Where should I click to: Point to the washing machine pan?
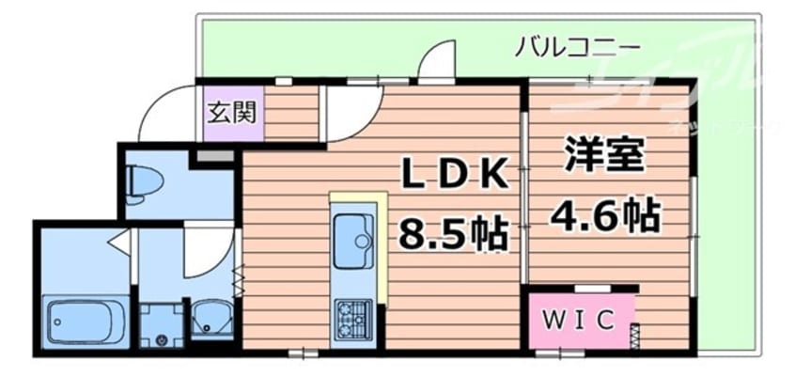(161, 324)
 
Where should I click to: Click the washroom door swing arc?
(206, 246)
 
